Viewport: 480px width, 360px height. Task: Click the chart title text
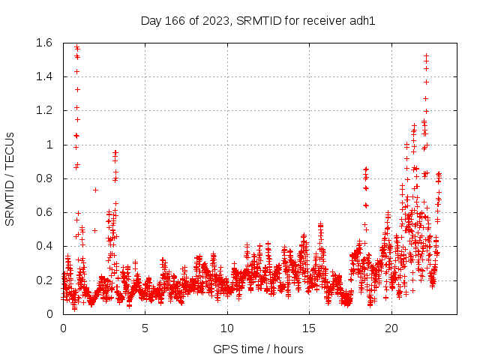[258, 20]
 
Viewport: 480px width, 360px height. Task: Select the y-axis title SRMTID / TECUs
[10, 178]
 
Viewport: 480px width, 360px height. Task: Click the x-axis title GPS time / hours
[258, 349]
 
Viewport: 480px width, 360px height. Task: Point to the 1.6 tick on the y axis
[43, 43]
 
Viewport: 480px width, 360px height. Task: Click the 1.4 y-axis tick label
[43, 76]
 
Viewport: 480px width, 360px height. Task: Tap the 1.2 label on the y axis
[43, 111]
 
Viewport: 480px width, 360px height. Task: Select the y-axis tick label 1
[49, 145]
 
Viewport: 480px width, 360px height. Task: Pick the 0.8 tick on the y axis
[43, 178]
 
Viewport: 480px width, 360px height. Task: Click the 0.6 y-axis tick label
[43, 212]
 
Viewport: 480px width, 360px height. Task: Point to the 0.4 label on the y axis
[43, 247]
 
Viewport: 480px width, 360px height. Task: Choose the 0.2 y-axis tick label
[43, 280]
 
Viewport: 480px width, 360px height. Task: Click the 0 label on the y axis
[49, 314]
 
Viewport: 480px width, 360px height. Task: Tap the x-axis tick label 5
[145, 328]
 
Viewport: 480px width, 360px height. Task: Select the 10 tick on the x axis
[227, 328]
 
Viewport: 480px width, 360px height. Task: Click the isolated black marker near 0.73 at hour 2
[95, 190]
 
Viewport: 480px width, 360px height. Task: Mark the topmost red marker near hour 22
[426, 55]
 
